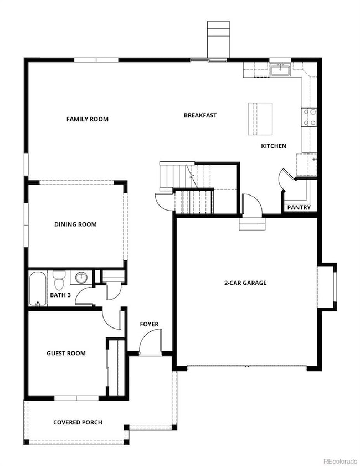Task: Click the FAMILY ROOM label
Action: pyautogui.click(x=88, y=119)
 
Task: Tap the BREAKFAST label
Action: pyautogui.click(x=200, y=115)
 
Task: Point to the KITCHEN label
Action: pyautogui.click(x=274, y=146)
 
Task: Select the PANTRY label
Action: pyautogui.click(x=299, y=207)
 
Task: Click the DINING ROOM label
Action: pyautogui.click(x=75, y=224)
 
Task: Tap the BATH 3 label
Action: pyautogui.click(x=60, y=295)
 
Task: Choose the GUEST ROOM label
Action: pyautogui.click(x=66, y=354)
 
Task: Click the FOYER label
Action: pyautogui.click(x=149, y=324)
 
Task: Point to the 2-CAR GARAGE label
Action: pyautogui.click(x=245, y=283)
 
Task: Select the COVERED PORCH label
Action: pyautogui.click(x=78, y=422)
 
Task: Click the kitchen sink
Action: pyautogui.click(x=280, y=70)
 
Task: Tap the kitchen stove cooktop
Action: pyautogui.click(x=309, y=117)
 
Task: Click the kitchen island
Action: pyautogui.click(x=260, y=119)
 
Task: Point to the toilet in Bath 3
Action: pyautogui.click(x=59, y=280)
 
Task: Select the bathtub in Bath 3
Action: pyautogui.click(x=38, y=289)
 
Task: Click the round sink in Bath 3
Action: pyautogui.click(x=81, y=278)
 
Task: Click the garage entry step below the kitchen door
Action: pyautogui.click(x=252, y=224)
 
